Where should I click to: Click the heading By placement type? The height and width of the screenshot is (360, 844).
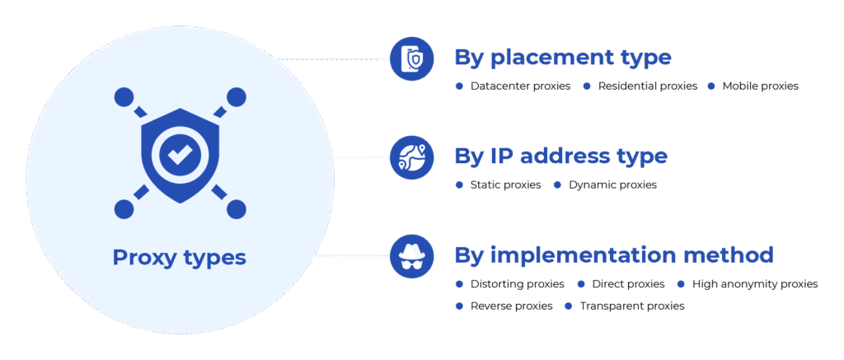(x=563, y=58)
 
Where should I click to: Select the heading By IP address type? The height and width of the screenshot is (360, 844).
(x=560, y=156)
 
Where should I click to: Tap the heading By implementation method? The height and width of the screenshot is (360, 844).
(x=614, y=255)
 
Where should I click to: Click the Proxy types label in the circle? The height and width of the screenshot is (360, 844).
(x=179, y=259)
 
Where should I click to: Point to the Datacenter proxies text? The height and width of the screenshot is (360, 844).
(x=521, y=86)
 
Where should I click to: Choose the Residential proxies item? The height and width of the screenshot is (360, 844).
(x=648, y=86)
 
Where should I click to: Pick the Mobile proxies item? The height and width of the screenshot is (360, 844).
(x=761, y=86)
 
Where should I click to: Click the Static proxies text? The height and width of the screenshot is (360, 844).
(x=505, y=185)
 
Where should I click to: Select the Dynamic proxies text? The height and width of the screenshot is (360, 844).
(x=612, y=185)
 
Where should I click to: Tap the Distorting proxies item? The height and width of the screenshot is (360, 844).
(x=518, y=283)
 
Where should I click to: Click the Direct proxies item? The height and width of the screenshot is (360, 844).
(x=628, y=283)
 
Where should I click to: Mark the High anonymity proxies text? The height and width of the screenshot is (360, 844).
(x=755, y=283)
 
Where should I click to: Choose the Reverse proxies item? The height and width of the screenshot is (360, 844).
(x=511, y=306)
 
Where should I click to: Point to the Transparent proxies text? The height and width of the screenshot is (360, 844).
(x=632, y=306)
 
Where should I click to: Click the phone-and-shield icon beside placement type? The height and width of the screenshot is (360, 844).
(x=412, y=58)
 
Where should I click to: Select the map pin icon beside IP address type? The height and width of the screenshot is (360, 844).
(x=412, y=157)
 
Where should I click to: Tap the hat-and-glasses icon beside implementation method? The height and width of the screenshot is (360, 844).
(x=412, y=256)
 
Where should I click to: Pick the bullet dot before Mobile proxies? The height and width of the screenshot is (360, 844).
(x=711, y=86)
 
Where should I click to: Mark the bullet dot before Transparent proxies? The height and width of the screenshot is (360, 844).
(x=569, y=306)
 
